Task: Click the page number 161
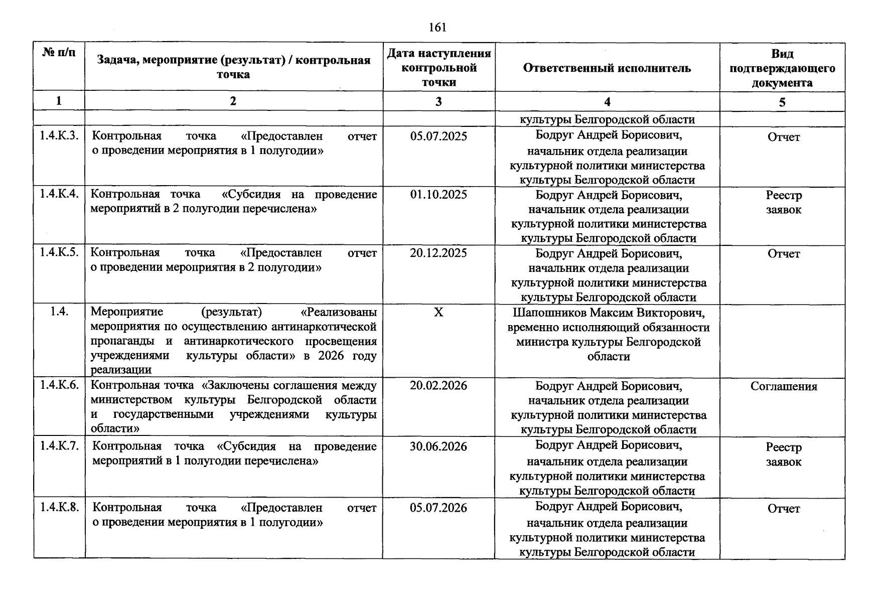pyautogui.click(x=437, y=28)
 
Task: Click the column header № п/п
pyautogui.click(x=59, y=52)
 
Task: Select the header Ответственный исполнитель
pyautogui.click(x=607, y=68)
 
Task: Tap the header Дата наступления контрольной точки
pyautogui.click(x=438, y=68)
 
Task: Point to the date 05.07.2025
pyautogui.click(x=438, y=136)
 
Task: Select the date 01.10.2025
pyautogui.click(x=438, y=195)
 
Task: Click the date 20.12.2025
pyautogui.click(x=438, y=253)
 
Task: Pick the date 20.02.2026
pyautogui.click(x=438, y=386)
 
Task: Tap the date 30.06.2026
pyautogui.click(x=438, y=446)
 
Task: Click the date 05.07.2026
pyautogui.click(x=438, y=508)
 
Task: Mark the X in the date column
pyautogui.click(x=438, y=313)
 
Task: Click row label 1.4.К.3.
pyautogui.click(x=59, y=136)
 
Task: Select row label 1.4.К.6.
pyautogui.click(x=59, y=385)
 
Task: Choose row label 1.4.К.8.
pyautogui.click(x=59, y=507)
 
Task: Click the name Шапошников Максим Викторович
pyautogui.click(x=609, y=313)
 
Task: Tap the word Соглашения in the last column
pyautogui.click(x=783, y=386)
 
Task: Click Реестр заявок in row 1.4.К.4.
pyautogui.click(x=783, y=202)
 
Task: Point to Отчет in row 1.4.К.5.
pyautogui.click(x=783, y=254)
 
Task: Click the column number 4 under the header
pyautogui.click(x=607, y=102)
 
